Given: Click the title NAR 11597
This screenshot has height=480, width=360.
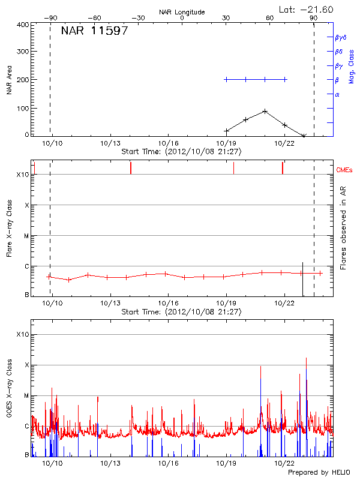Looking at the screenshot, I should [x=94, y=31].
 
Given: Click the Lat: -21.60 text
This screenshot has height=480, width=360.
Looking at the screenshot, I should [x=307, y=9].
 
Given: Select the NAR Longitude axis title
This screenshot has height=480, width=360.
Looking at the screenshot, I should [x=182, y=12].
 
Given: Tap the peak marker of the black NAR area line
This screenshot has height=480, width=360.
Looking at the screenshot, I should [x=265, y=111].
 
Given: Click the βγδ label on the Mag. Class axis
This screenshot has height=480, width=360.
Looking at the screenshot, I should [x=340, y=37].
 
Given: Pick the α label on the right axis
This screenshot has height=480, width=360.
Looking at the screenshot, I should [x=337, y=94].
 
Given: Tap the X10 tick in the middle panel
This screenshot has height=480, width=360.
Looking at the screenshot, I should [x=23, y=175].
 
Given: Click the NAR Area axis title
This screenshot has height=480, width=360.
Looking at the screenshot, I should [x=9, y=80].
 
